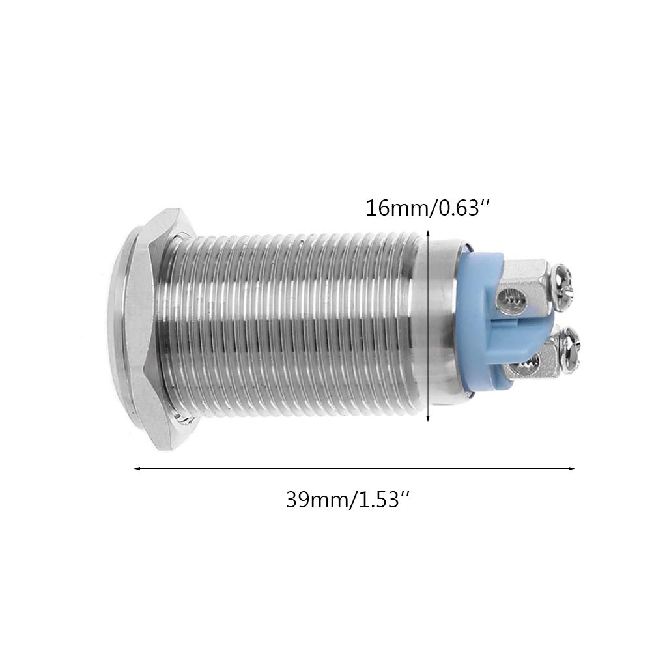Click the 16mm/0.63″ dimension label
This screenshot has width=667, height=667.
(429, 208)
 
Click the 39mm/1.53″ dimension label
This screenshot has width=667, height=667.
(348, 500)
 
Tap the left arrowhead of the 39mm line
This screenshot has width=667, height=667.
(137, 469)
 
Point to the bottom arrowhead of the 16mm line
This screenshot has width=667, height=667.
(428, 419)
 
